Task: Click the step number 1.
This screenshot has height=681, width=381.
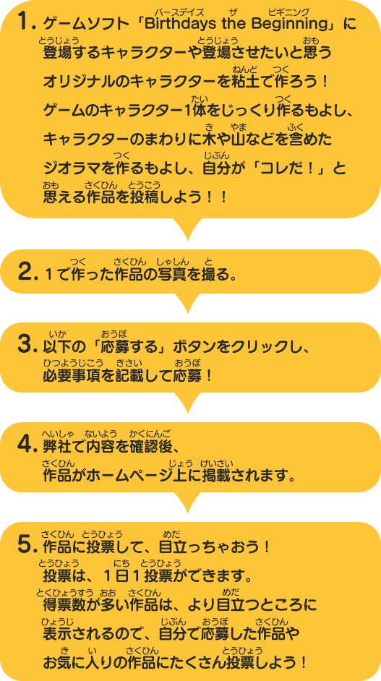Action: pyautogui.click(x=25, y=23)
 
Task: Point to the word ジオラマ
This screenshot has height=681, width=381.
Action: pyautogui.click(x=71, y=168)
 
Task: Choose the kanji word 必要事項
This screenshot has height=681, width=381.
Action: pyautogui.click(x=72, y=374)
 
